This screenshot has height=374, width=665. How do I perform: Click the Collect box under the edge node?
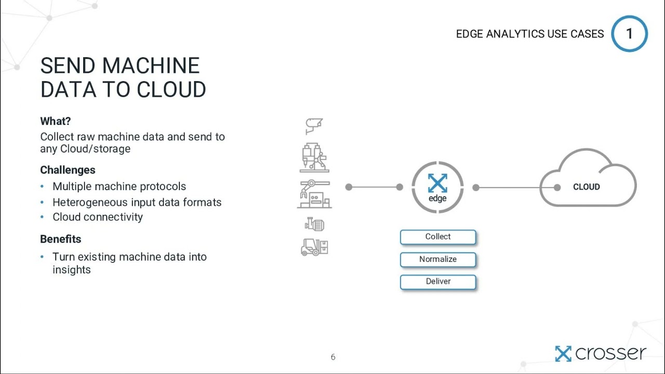[438, 237]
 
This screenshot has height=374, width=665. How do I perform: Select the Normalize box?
[438, 259]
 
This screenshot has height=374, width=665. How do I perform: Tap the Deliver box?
[438, 282]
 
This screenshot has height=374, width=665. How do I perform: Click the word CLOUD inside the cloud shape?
[586, 187]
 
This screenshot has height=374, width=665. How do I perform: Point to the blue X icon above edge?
[437, 183]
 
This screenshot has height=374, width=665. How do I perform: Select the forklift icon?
[314, 247]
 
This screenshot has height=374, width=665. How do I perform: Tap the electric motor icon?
[315, 224]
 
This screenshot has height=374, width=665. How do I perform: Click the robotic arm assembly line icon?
[314, 194]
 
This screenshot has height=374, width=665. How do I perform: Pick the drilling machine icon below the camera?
[314, 157]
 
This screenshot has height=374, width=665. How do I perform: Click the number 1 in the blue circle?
[629, 34]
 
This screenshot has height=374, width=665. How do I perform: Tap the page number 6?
[333, 357]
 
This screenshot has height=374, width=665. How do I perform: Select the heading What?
[56, 121]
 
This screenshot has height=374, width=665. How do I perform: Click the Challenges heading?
[68, 170]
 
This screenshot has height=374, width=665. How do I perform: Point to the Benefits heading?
[61, 239]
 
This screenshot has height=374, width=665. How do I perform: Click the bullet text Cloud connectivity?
[98, 217]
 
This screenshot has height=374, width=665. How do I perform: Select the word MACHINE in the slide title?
[151, 66]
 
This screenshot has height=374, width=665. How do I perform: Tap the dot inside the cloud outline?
[557, 187]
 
